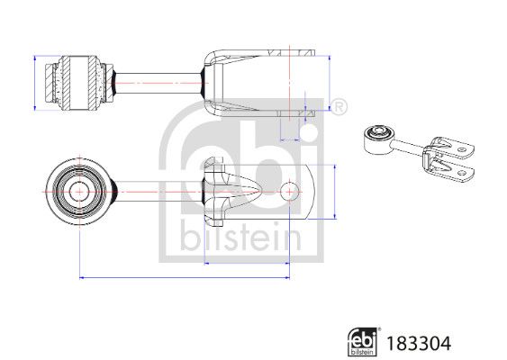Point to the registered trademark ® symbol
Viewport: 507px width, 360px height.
click(x=340, y=108)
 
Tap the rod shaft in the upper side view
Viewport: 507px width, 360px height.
click(x=158, y=81)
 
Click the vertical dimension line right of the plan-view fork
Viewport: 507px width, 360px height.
click(x=335, y=191)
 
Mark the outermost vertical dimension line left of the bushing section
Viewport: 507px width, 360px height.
click(x=34, y=81)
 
